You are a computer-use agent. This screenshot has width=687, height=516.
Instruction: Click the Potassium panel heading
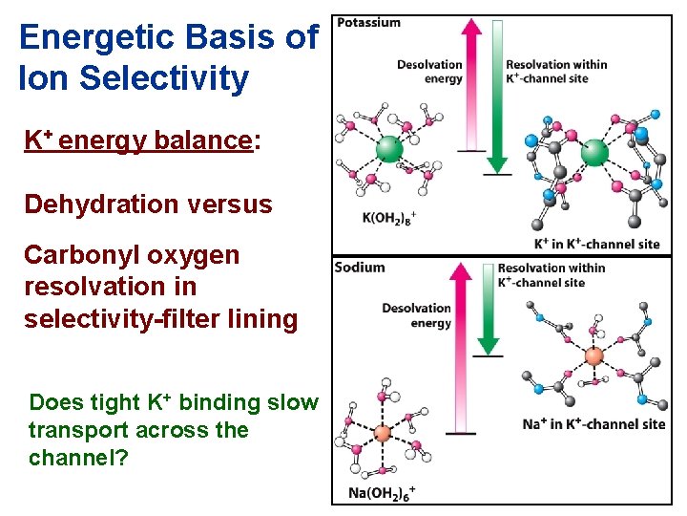[x=368, y=23]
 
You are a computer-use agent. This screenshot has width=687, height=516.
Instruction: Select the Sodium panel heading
[x=360, y=267]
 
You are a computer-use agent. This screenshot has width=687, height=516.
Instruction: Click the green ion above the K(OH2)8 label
[x=388, y=149]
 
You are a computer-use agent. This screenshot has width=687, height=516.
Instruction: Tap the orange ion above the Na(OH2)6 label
[x=382, y=433]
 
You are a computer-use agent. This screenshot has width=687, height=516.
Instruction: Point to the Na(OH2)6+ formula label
[x=382, y=492]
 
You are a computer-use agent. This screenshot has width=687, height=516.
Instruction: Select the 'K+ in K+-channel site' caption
[x=596, y=244]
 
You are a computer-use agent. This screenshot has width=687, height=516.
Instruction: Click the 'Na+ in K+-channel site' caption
[x=593, y=424]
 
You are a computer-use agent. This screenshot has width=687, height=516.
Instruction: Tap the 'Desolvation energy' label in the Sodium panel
[x=416, y=315]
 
